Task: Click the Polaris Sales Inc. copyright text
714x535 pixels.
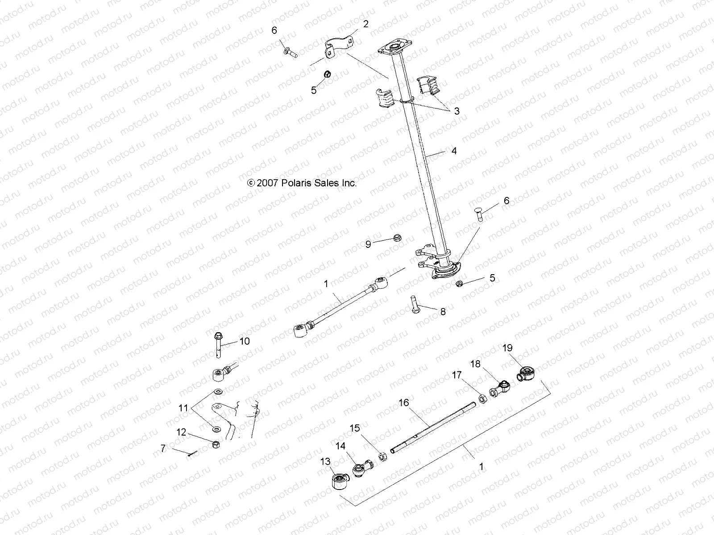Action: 302,183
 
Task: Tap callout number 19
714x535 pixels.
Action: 507,348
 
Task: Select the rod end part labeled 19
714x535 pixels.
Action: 527,372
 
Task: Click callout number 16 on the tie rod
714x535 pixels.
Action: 403,403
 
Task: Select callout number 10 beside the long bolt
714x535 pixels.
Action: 245,342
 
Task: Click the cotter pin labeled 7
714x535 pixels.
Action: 191,454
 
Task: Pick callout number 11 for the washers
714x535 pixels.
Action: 184,407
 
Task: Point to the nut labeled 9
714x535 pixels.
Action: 397,238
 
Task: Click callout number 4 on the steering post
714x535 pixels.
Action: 454,151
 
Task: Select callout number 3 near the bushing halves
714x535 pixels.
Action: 456,111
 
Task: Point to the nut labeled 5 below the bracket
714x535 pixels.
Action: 327,74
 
